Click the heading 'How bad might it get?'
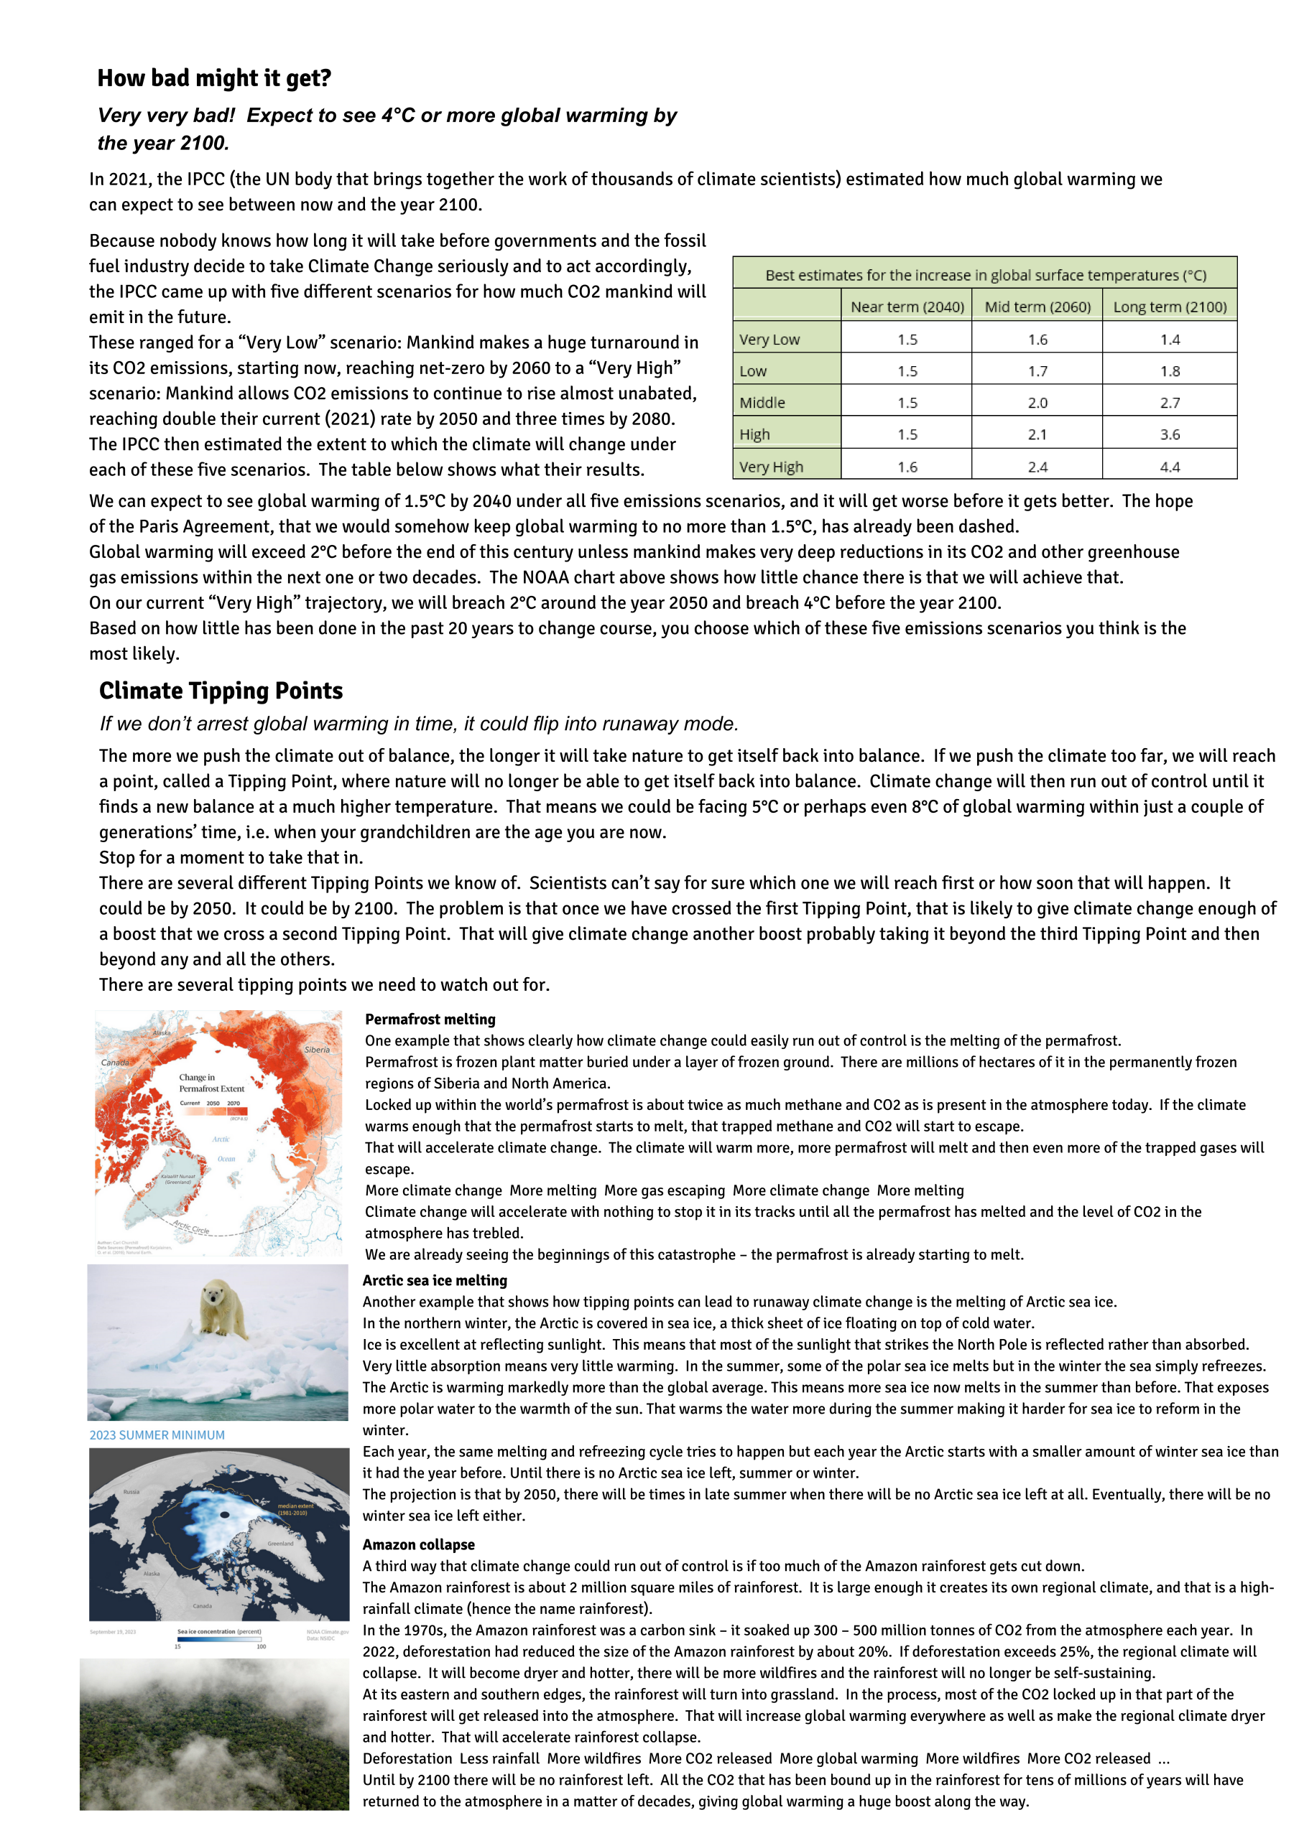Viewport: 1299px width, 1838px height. pos(214,78)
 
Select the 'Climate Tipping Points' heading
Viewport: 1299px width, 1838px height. pos(221,691)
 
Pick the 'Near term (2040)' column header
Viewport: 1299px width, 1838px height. pos(907,307)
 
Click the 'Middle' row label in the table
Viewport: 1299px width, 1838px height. pos(762,403)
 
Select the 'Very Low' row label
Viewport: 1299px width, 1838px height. pos(769,340)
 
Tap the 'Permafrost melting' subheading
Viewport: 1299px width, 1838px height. pos(430,1019)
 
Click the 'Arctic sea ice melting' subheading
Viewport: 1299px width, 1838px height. pos(435,1280)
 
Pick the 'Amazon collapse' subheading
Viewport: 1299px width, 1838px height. pos(419,1544)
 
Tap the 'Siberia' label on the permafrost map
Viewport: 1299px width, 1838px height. pos(317,1050)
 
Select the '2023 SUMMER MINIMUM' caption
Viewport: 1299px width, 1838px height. pos(157,1435)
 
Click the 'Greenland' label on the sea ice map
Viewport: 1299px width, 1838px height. pos(280,1544)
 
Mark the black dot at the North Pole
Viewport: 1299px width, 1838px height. pos(225,1515)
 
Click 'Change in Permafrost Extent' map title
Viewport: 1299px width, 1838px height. pos(211,1083)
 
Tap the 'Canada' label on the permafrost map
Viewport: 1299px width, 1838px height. pos(116,1063)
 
